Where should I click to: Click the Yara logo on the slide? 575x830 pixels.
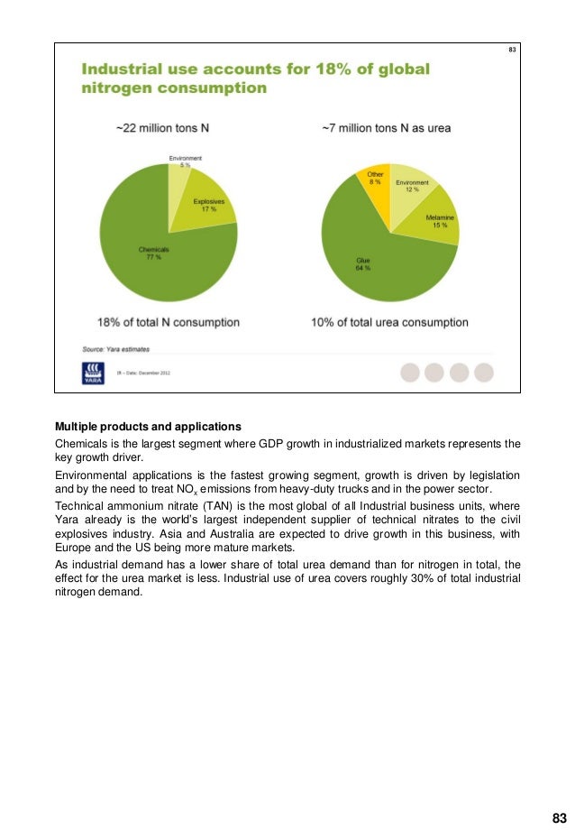pyautogui.click(x=93, y=372)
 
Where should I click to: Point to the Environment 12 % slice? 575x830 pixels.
pyautogui.click(x=414, y=187)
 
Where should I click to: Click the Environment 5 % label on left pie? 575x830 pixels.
pyautogui.click(x=186, y=161)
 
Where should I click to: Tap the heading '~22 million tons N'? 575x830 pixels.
pyautogui.click(x=168, y=129)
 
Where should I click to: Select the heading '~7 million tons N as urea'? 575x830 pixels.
pyautogui.click(x=386, y=129)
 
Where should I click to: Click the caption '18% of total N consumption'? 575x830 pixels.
pyautogui.click(x=168, y=322)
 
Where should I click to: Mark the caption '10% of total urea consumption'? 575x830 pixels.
pyautogui.click(x=389, y=322)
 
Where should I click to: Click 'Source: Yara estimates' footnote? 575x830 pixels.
pyautogui.click(x=117, y=347)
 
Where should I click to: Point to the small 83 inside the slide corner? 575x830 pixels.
pyautogui.click(x=512, y=49)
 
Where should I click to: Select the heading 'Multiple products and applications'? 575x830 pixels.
pyautogui.click(x=148, y=426)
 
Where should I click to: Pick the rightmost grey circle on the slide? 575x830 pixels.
pyautogui.click(x=484, y=373)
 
